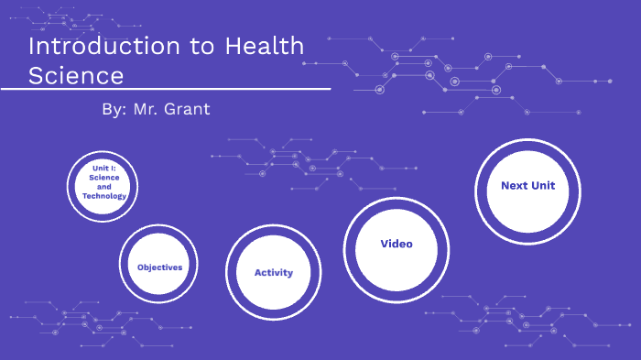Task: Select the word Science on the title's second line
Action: click(76, 74)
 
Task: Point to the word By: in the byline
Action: click(114, 109)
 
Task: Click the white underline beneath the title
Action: click(165, 90)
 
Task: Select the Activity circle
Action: click(273, 272)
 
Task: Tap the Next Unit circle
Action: click(528, 191)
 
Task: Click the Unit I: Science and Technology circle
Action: click(103, 186)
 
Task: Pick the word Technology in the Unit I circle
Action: click(103, 196)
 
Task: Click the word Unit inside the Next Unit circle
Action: click(541, 186)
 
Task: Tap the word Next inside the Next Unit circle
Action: click(515, 186)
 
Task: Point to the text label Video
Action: click(397, 244)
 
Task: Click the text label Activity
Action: click(273, 273)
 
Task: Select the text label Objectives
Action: click(160, 267)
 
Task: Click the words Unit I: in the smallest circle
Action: click(103, 169)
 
